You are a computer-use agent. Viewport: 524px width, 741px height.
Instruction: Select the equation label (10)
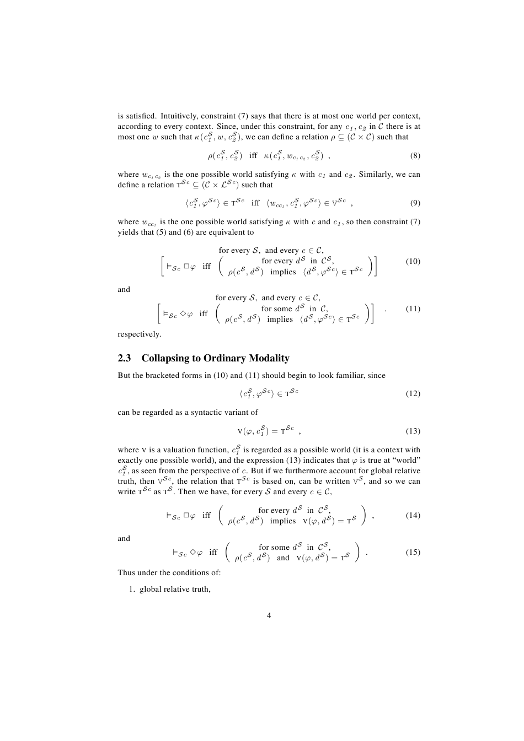pos(413,261)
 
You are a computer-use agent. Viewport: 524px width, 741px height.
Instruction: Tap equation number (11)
pos(413,309)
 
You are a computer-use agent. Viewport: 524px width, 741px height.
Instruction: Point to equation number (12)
pos(413,393)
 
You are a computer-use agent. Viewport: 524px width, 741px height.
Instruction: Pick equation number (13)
pos(413,431)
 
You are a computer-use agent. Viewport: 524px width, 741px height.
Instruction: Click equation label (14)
pos(413,515)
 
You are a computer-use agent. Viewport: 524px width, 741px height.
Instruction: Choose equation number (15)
pos(413,552)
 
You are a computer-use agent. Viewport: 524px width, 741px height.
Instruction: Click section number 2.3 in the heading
pos(124,358)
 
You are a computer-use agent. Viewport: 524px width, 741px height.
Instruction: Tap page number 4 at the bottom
pos(269,615)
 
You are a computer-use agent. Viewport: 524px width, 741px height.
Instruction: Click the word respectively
pos(139,334)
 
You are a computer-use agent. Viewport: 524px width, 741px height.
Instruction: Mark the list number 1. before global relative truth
pos(132,589)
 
